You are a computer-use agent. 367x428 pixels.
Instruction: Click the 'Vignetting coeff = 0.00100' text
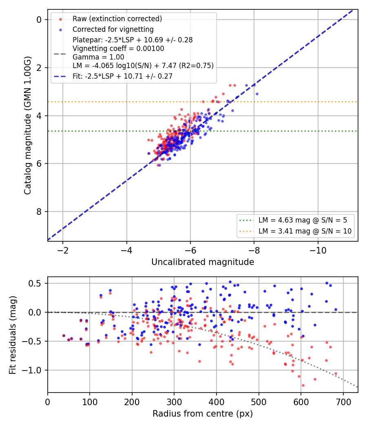coord(118,49)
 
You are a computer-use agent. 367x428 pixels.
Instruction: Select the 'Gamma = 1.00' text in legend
coord(98,57)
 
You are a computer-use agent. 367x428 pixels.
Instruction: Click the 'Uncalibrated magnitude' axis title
coord(203,262)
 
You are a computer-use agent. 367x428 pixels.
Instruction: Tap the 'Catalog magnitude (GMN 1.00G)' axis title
coord(28,125)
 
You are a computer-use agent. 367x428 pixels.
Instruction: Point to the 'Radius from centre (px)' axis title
coord(203,414)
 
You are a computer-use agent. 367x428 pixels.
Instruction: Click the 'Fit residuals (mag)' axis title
coord(13,335)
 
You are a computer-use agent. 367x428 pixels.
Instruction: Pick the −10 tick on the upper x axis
coord(318,250)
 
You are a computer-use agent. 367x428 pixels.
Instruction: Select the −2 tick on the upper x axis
coord(63,250)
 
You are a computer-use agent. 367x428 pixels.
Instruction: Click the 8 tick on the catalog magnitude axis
coord(39,212)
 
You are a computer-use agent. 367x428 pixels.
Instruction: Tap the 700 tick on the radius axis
coord(343,402)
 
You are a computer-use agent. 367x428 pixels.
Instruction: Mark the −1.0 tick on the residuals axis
coord(31,370)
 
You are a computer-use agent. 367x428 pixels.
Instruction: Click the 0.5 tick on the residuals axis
coord(35,283)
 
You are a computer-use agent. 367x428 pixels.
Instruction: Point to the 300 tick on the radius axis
coord(174,402)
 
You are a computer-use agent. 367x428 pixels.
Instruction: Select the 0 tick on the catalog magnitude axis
coord(39,20)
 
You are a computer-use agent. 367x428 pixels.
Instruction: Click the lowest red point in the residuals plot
coord(303,386)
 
